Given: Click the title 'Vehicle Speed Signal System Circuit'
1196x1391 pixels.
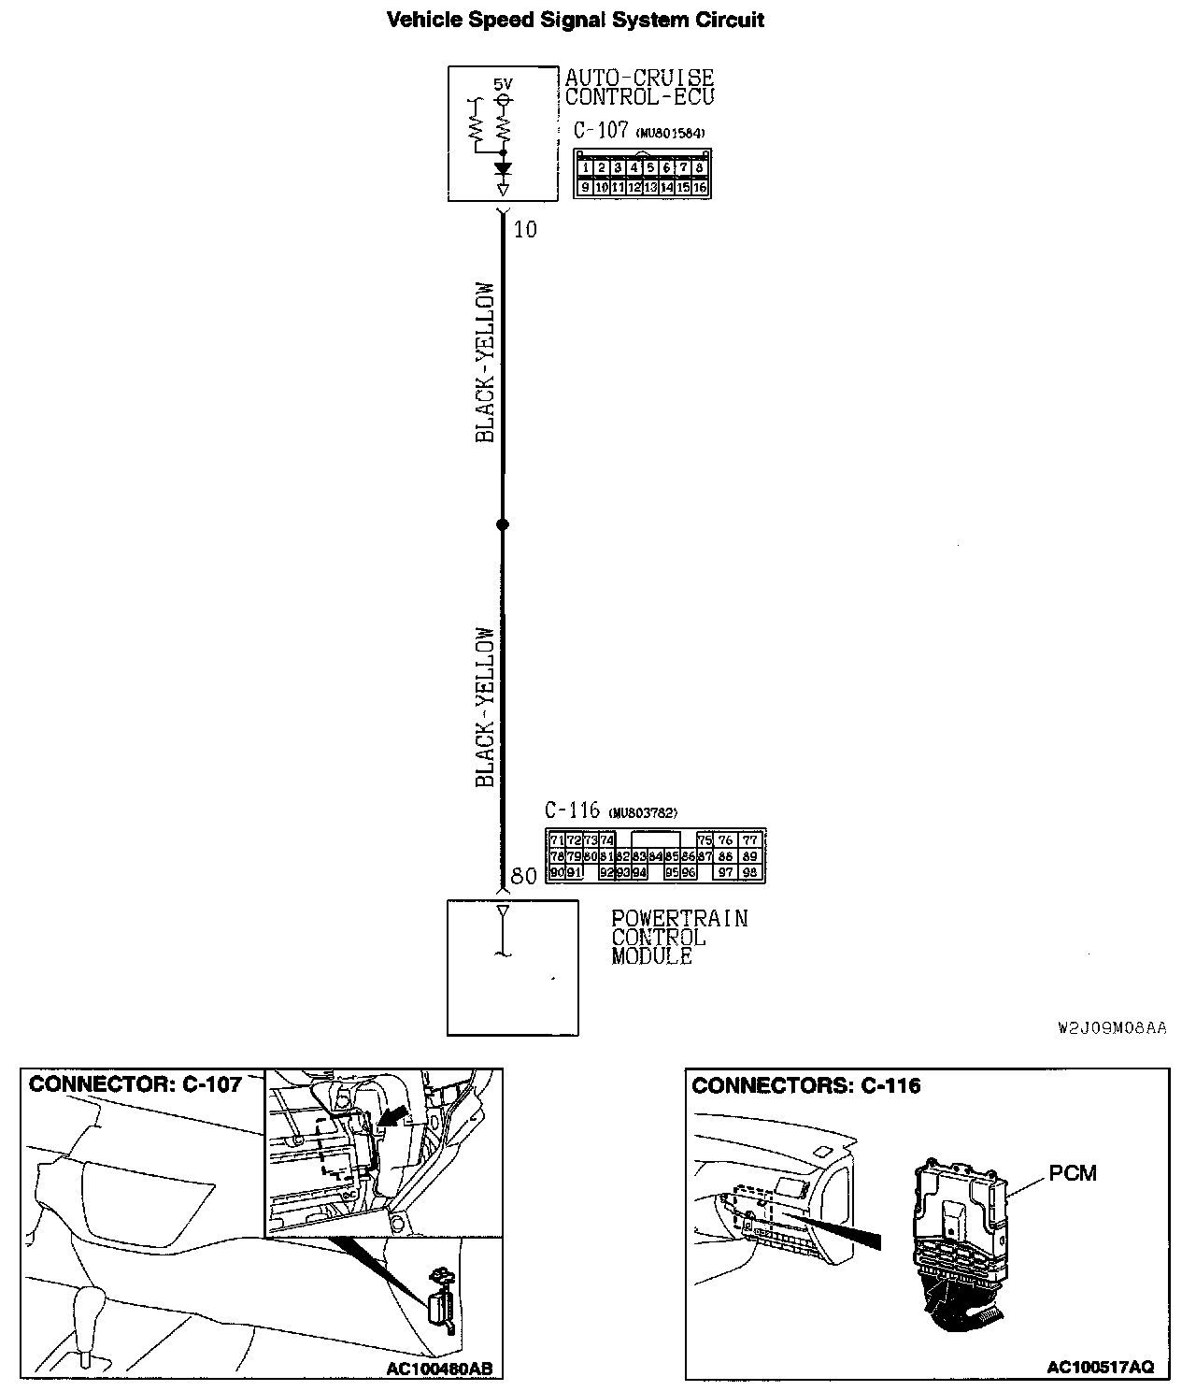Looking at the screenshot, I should (x=576, y=20).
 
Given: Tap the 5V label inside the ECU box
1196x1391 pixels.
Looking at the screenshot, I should (x=503, y=82).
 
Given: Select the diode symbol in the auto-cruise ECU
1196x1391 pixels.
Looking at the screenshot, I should (x=504, y=169).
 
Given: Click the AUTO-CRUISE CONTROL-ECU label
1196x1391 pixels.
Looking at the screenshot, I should (x=639, y=87).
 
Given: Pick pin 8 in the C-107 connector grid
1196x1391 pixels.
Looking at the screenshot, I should (x=699, y=168).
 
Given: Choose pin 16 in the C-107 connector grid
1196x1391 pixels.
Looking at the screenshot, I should (x=699, y=187).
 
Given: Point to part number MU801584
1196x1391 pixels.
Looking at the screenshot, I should (x=670, y=134).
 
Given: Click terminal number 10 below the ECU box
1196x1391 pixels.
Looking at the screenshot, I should (x=525, y=229).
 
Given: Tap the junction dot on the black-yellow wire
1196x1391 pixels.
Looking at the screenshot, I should (x=503, y=524).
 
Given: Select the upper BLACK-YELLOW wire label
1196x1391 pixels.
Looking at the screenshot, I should (x=485, y=362).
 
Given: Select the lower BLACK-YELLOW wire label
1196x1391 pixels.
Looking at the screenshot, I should (x=485, y=707).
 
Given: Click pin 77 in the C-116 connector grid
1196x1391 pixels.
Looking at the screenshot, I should (x=749, y=840).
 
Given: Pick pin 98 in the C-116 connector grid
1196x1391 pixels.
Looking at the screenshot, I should (x=749, y=872).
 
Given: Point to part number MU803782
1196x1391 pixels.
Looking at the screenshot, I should (x=642, y=812).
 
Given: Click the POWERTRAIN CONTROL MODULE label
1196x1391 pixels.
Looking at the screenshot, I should (x=679, y=938).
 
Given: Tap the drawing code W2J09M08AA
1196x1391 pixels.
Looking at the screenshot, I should (x=1112, y=1028).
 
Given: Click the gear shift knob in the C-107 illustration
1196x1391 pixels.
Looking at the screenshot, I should (x=91, y=1303).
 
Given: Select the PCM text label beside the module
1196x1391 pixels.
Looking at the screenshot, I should (x=1072, y=1172).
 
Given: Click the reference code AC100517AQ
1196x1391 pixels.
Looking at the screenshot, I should (x=1100, y=1367).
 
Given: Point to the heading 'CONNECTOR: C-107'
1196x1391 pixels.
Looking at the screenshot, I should (x=135, y=1084).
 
